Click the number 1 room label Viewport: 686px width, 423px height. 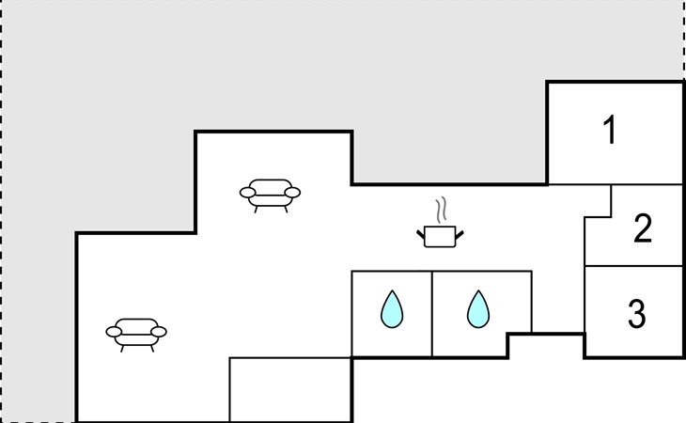[x=610, y=130]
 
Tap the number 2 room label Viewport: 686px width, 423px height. [x=643, y=227]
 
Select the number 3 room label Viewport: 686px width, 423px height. [x=636, y=314]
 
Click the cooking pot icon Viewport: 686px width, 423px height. [x=440, y=236]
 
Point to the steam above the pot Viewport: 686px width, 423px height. [x=442, y=210]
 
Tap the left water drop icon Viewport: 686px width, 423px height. [x=392, y=309]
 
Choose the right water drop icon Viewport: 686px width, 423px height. [x=478, y=309]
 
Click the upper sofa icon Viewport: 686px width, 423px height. [x=270, y=196]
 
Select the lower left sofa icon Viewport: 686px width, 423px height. [x=136, y=335]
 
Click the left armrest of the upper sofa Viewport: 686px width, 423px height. [x=248, y=193]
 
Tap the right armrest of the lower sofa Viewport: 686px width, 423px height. [x=159, y=332]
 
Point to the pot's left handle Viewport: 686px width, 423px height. [x=421, y=235]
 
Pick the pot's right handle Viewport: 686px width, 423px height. [x=460, y=235]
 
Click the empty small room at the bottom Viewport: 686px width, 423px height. [x=290, y=390]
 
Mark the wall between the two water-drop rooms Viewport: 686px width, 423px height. [x=432, y=314]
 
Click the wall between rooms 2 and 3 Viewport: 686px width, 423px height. [x=633, y=265]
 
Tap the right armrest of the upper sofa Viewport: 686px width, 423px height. [x=292, y=193]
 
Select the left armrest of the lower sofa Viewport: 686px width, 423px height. [x=114, y=332]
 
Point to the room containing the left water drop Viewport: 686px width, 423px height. [x=392, y=314]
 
